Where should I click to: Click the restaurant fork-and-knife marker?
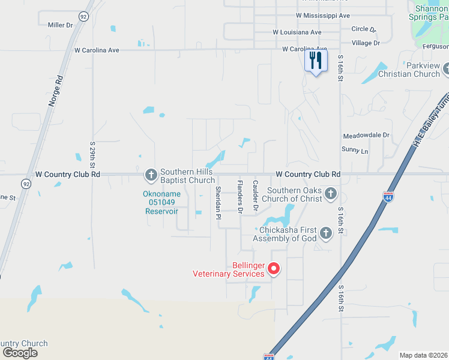point(316,61)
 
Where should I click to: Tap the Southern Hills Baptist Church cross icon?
point(151,175)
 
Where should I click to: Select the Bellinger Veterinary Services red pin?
point(274,268)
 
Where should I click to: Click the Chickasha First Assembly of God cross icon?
point(325,233)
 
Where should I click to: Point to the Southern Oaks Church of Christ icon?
point(331,193)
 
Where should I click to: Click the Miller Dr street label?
point(60,25)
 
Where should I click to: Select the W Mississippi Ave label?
point(323,15)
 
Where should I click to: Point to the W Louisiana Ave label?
point(297,32)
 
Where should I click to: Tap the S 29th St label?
point(93,154)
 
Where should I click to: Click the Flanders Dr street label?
point(240,197)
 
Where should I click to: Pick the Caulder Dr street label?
point(255,196)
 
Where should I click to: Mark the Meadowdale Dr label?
point(366,136)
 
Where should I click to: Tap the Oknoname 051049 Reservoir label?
point(160,203)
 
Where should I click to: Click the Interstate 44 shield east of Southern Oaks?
point(388,196)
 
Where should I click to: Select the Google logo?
point(19,353)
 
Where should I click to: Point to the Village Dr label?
point(366,43)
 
